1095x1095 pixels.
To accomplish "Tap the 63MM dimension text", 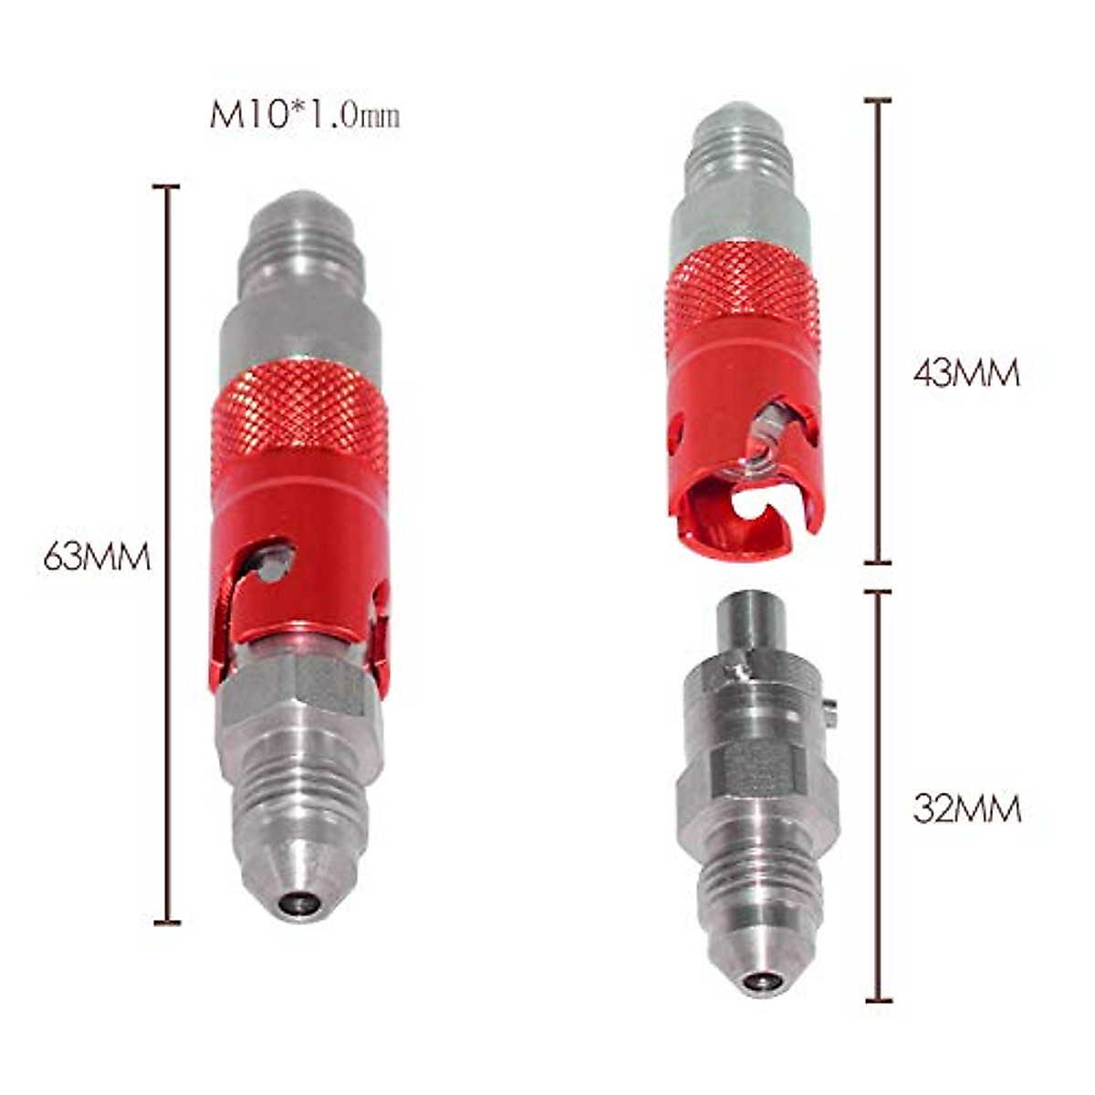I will (x=97, y=556).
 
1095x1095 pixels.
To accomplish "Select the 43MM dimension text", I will (x=965, y=373).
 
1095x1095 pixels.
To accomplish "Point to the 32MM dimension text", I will (x=967, y=808).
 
